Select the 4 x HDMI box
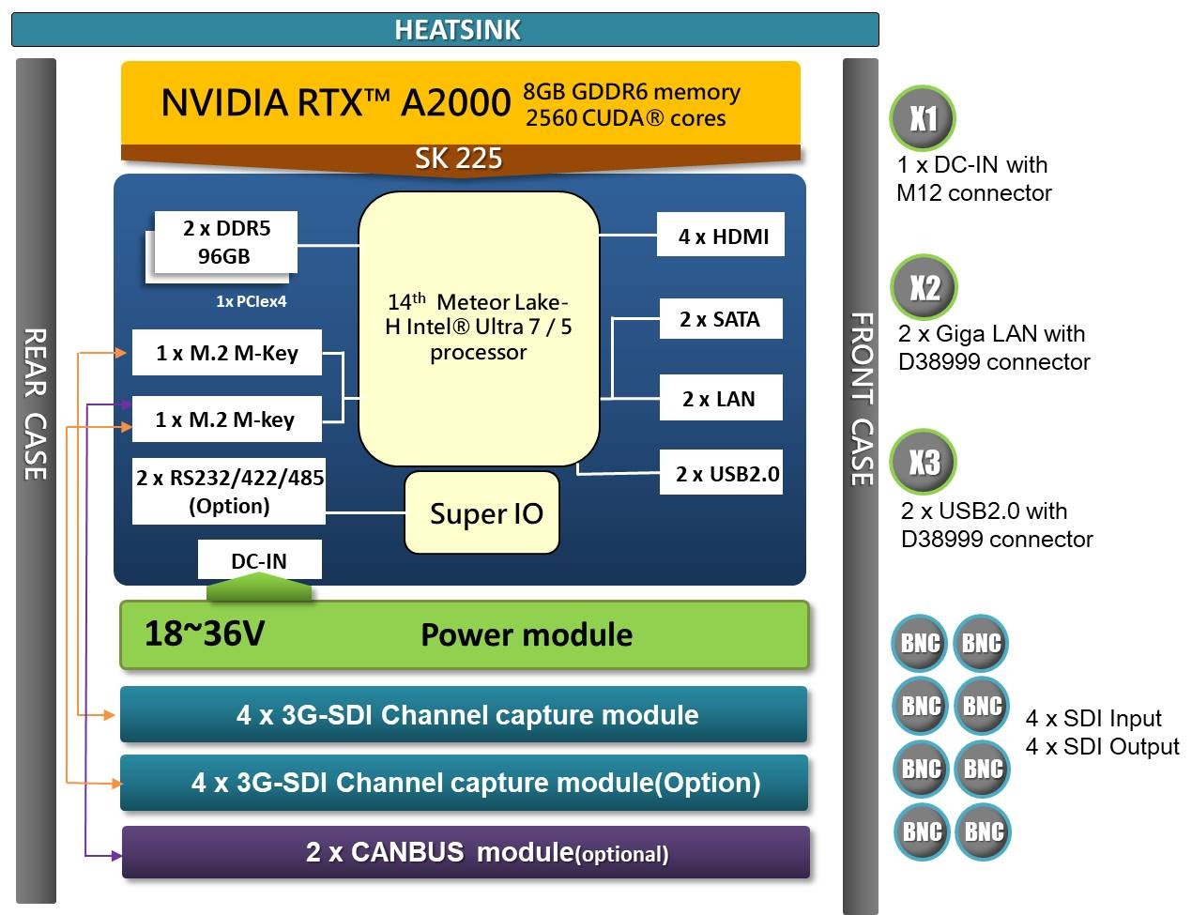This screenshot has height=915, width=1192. [720, 236]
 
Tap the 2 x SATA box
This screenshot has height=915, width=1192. [720, 319]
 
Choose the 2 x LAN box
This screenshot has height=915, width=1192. [719, 399]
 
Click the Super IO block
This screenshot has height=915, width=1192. [482, 513]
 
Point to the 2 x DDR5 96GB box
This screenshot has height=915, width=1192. [226, 242]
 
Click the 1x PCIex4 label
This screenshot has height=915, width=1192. [251, 301]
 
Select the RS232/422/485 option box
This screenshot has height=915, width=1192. [229, 492]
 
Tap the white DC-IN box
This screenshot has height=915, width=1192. [259, 560]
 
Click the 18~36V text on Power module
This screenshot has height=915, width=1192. [205, 634]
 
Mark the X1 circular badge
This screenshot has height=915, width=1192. [923, 118]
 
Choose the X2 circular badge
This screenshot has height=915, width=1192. [924, 287]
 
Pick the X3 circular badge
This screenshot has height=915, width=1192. [924, 462]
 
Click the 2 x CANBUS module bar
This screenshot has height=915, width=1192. [466, 852]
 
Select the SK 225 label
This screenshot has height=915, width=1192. [458, 159]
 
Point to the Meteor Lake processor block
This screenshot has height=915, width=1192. [479, 328]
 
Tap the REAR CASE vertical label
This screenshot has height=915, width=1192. [36, 404]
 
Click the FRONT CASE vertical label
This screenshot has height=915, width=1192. [861, 399]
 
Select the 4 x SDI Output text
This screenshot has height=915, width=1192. [1102, 747]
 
